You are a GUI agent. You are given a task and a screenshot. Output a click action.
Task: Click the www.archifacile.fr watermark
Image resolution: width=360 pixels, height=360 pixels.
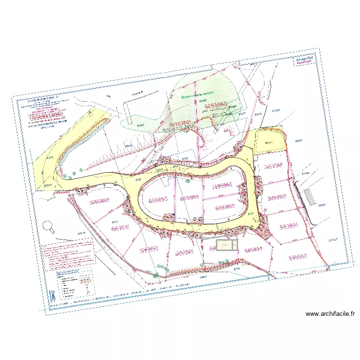pyautogui.click(x=330, y=314)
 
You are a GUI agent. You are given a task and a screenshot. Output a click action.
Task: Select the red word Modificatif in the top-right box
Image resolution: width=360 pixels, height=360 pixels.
pyautogui.click(x=304, y=62)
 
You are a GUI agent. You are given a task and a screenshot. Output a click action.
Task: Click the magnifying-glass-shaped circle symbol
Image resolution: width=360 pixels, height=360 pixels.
pyautogui.click(x=48, y=225)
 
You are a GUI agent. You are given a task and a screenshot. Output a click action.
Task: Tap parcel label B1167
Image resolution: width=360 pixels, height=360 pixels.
pyautogui.click(x=334, y=239)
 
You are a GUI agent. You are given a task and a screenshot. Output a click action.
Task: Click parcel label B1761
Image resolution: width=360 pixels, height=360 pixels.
pyautogui.click(x=323, y=205)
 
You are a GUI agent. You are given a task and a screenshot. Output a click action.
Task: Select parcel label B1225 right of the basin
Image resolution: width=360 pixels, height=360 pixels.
pyautogui.click(x=299, y=141)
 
